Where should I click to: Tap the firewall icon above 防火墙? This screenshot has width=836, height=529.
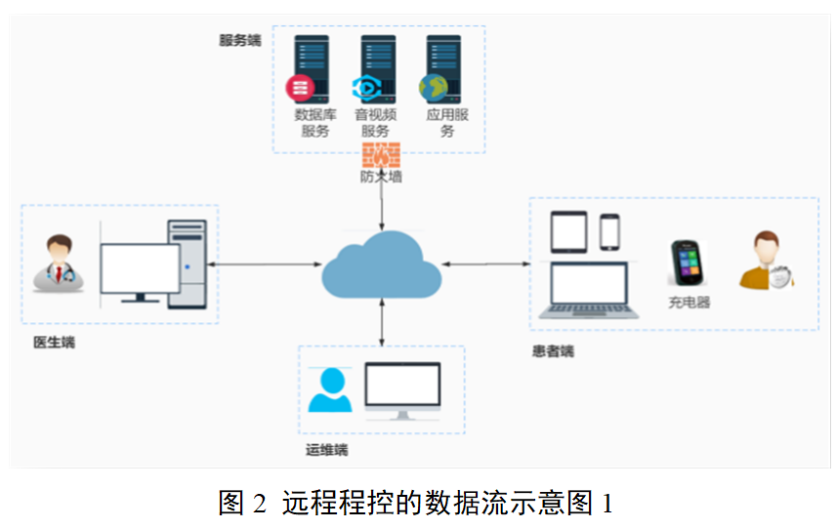381,154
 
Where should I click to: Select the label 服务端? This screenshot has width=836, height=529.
239,40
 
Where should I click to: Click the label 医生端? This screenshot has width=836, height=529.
54,343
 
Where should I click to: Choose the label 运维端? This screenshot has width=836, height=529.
326,450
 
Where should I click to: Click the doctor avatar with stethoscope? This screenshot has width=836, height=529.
59,263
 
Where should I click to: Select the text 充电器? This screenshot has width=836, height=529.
689,303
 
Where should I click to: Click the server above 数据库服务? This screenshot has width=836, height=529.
313,69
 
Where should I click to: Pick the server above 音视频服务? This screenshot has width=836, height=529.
378,69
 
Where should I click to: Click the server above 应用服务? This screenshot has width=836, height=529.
442,69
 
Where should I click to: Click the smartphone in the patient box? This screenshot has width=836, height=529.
610,231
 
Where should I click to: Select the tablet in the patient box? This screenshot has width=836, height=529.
566,232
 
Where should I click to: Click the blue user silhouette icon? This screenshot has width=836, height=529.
329,390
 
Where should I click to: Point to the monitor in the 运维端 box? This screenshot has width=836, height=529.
402,390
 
